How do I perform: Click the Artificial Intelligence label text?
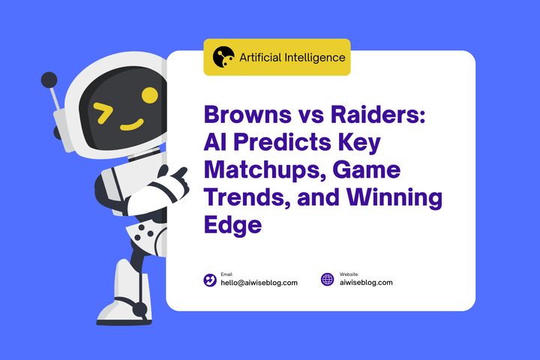coord(292,57)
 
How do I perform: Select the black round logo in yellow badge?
coord(223,57)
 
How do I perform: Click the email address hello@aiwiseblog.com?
coord(259,283)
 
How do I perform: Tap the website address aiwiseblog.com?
coord(365,283)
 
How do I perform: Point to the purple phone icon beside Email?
coord(210,280)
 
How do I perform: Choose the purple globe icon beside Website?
coord(327,280)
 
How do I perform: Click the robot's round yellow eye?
coord(150,95)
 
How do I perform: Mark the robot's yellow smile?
coord(132,124)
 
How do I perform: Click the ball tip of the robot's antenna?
coord(49,79)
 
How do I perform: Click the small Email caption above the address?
coord(226,274)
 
